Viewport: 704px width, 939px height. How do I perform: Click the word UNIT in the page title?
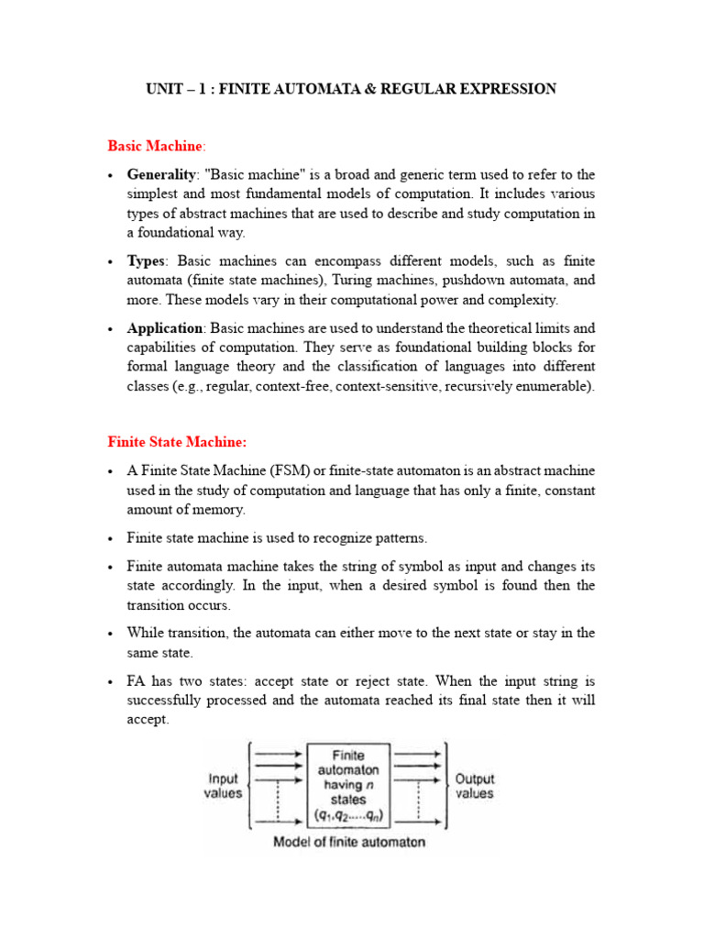pos(167,89)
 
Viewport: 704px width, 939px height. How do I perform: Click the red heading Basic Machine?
pos(156,146)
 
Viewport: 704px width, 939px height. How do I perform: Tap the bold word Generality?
pos(161,174)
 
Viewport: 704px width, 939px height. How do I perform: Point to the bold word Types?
pos(148,261)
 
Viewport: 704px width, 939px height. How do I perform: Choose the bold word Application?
pos(165,328)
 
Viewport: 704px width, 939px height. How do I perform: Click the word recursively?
pos(489,386)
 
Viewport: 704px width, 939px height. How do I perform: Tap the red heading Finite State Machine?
pos(177,442)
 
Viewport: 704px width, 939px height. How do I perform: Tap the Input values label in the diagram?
pos(223,786)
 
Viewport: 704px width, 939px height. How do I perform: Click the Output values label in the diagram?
pos(475,786)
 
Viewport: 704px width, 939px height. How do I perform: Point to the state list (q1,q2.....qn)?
pos(347,814)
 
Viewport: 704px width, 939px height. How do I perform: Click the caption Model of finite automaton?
pos(349,842)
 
